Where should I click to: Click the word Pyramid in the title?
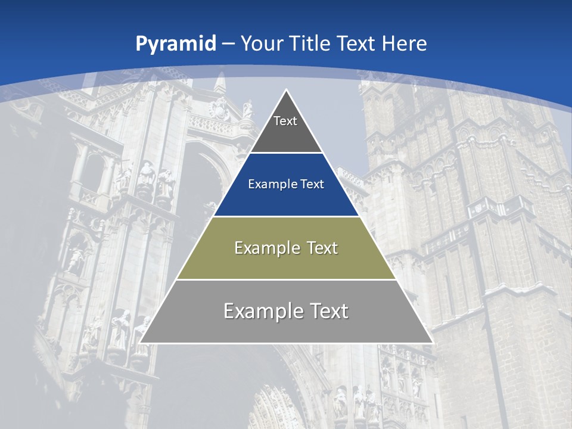click(176, 44)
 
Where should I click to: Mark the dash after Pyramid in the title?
click(228, 44)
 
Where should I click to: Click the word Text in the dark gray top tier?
click(285, 121)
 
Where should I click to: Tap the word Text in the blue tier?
click(311, 184)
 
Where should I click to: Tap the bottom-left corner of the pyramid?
click(139, 343)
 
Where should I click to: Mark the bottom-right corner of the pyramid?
click(433, 343)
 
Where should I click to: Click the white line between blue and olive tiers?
click(287, 216)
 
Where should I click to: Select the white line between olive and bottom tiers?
click(287, 279)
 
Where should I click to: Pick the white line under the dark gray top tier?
click(287, 153)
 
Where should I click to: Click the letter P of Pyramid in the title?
click(141, 43)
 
